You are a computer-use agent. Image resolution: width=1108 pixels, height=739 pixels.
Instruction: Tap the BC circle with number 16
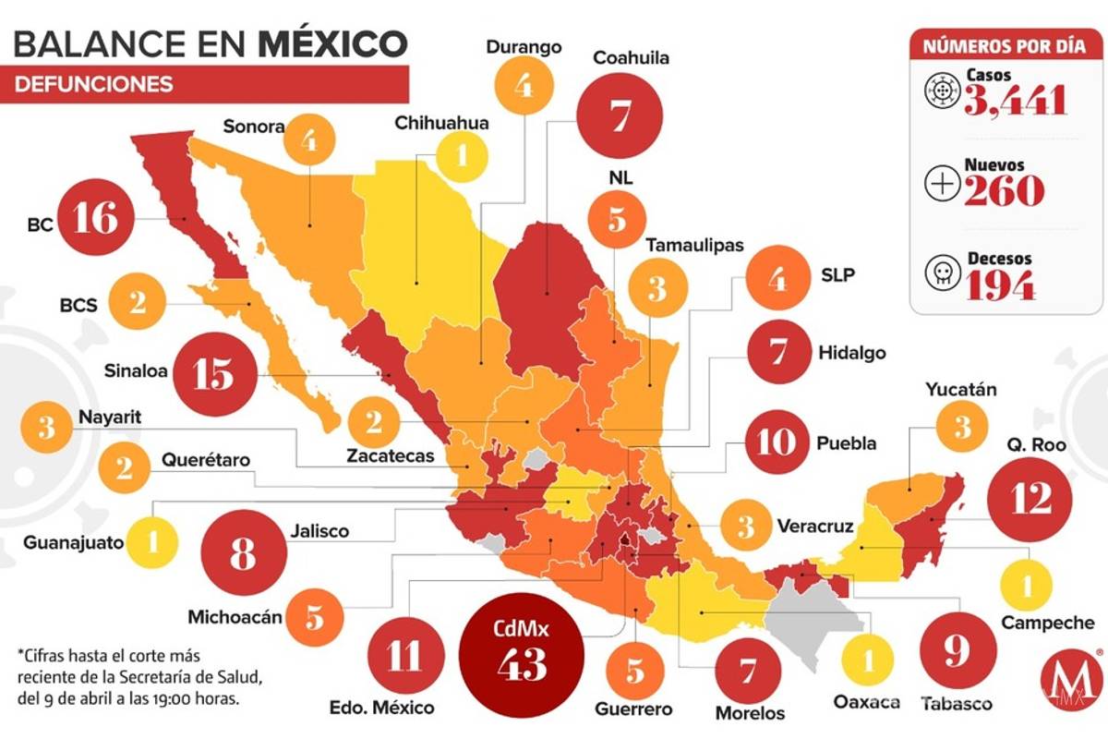pyautogui.click(x=97, y=219)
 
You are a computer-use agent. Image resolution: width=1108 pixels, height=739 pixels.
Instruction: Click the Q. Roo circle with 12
pyautogui.click(x=1030, y=500)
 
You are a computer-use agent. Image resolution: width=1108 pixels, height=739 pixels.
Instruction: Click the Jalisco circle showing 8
pyautogui.click(x=242, y=556)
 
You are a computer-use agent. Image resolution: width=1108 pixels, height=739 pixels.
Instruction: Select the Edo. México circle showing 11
pyautogui.click(x=403, y=657)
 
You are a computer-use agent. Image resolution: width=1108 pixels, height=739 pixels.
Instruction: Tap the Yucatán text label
pyautogui.click(x=961, y=389)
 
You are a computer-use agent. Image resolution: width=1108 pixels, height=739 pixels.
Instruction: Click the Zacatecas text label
pyautogui.click(x=391, y=455)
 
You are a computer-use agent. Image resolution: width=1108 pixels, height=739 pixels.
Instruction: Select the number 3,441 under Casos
pyautogui.click(x=1016, y=100)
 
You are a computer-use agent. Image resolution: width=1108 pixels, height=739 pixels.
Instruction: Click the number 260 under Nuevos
pyautogui.click(x=1005, y=190)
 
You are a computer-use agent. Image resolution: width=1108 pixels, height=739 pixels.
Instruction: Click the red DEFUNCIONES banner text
pyautogui.click(x=94, y=84)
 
